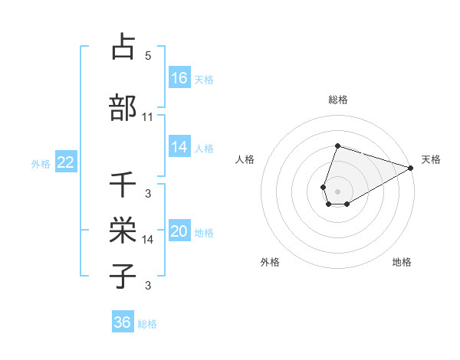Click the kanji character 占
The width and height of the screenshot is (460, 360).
(123, 47)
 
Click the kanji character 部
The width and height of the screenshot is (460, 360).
(123, 107)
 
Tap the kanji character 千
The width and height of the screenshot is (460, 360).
(123, 185)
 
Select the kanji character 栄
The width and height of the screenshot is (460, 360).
(123, 230)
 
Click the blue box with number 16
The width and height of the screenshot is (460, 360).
(179, 78)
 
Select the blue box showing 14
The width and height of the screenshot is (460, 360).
(179, 147)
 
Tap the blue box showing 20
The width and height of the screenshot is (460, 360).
(179, 231)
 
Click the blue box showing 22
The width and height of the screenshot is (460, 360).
(65, 162)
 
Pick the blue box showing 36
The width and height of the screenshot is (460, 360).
(123, 322)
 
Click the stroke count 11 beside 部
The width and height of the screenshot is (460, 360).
(148, 117)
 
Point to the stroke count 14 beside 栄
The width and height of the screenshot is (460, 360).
(148, 240)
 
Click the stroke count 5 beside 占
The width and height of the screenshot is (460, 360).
(148, 56)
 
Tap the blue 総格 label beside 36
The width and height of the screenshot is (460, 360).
(147, 324)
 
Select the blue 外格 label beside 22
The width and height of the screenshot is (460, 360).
(41, 163)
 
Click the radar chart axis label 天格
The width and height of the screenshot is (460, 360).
(431, 159)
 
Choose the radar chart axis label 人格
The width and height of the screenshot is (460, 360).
(245, 159)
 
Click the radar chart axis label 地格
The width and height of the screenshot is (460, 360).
(402, 262)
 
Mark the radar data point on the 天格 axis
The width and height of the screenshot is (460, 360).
(411, 168)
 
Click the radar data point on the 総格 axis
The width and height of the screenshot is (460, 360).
(337, 146)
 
